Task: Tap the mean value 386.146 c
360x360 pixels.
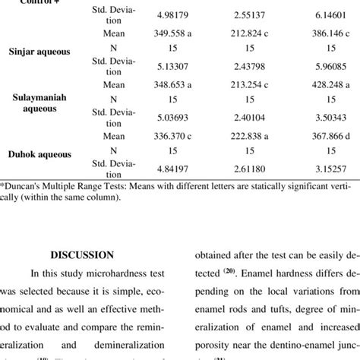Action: click(x=320, y=35)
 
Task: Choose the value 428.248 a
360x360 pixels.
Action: click(x=320, y=87)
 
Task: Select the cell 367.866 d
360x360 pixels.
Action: click(x=320, y=137)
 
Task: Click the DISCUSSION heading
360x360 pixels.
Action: click(x=88, y=255)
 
